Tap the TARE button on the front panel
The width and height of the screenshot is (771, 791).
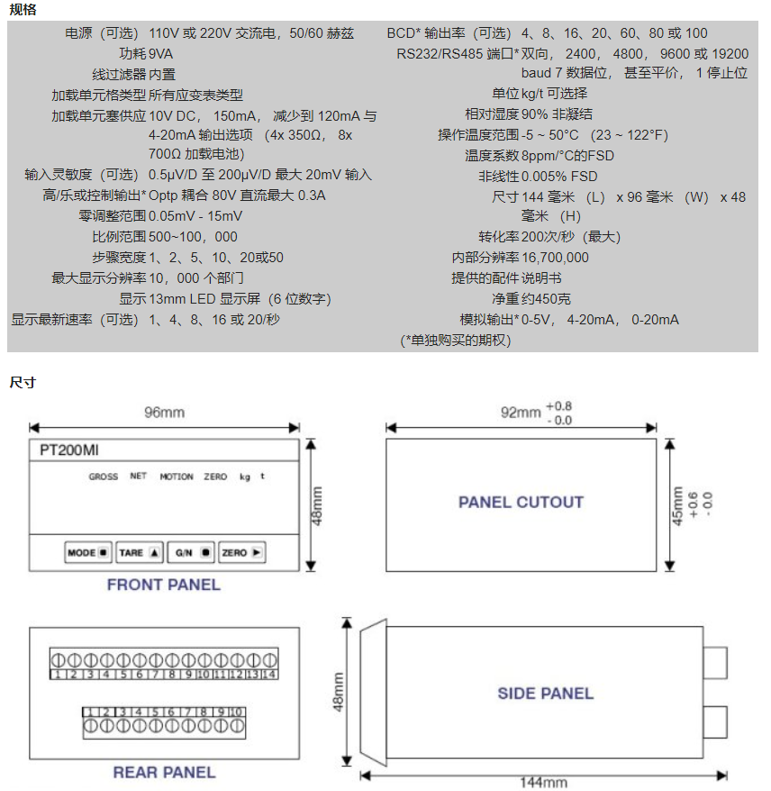pyautogui.click(x=140, y=552)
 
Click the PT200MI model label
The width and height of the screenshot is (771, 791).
pyautogui.click(x=69, y=450)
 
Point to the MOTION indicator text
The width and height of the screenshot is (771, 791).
pyautogui.click(x=177, y=477)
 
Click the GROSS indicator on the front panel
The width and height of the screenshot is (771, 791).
pyautogui.click(x=103, y=477)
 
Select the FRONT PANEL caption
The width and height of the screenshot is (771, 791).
pyautogui.click(x=163, y=585)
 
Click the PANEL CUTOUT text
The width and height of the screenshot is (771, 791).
pyautogui.click(x=521, y=502)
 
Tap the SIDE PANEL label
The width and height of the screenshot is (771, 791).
pyautogui.click(x=545, y=693)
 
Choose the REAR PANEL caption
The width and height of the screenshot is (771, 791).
pyautogui.click(x=164, y=772)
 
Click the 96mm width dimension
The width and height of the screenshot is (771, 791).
pyautogui.click(x=164, y=412)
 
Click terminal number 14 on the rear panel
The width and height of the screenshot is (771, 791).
pyautogui.click(x=269, y=674)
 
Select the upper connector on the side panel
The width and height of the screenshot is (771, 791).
pyautogui.click(x=715, y=662)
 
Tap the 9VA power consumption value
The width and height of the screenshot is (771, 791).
pyautogui.click(x=161, y=54)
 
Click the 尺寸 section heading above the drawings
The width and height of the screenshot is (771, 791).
pyautogui.click(x=23, y=382)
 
